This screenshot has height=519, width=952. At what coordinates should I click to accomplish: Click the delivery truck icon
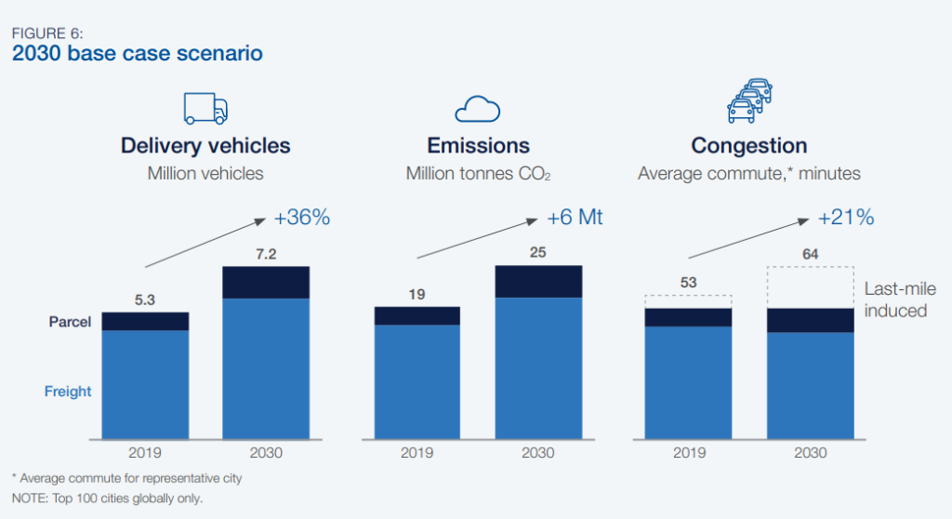click(x=205, y=108)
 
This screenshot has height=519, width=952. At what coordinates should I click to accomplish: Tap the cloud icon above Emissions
click(x=478, y=110)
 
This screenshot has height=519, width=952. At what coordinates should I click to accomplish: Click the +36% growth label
click(x=302, y=219)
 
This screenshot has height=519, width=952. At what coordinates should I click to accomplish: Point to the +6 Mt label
click(x=575, y=218)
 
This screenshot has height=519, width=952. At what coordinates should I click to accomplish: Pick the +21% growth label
click(x=846, y=218)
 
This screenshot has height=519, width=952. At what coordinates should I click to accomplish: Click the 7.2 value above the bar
click(x=266, y=253)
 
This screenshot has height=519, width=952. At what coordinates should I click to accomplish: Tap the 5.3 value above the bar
click(x=145, y=299)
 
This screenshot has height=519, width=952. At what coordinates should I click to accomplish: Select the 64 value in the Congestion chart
click(x=810, y=254)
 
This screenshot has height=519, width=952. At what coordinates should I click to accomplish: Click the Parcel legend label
click(x=69, y=322)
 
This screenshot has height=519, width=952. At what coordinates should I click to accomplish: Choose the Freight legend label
click(x=68, y=392)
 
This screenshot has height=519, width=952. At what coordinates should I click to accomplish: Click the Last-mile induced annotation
click(x=899, y=299)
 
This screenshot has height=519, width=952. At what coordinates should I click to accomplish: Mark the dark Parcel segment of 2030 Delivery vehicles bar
click(x=266, y=282)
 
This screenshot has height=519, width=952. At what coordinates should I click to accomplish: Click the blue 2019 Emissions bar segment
click(x=416, y=381)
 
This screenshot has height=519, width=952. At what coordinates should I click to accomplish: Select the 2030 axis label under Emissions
click(x=538, y=453)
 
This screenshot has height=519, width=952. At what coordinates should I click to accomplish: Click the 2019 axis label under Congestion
click(x=688, y=453)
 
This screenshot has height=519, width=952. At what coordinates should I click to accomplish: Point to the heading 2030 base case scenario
click(x=137, y=54)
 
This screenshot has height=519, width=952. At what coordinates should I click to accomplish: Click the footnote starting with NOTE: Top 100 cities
click(x=107, y=499)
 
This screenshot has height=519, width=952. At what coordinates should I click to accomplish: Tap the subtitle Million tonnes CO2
click(x=478, y=174)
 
